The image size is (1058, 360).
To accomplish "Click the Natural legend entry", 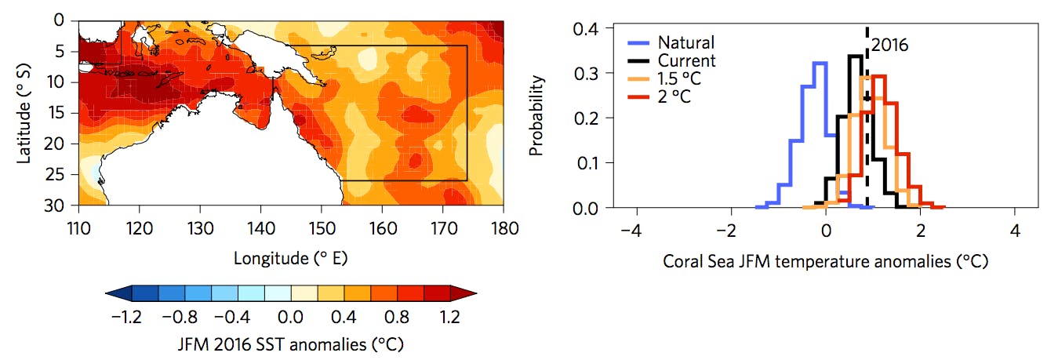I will point(686,42).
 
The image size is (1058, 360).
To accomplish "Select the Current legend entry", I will point(687,60).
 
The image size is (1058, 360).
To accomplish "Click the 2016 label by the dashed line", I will point(889,45).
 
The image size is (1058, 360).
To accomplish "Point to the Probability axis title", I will point(536,118).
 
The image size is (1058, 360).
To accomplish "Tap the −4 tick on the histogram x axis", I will point(633,233).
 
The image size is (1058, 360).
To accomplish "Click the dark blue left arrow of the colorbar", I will point(116,294).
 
